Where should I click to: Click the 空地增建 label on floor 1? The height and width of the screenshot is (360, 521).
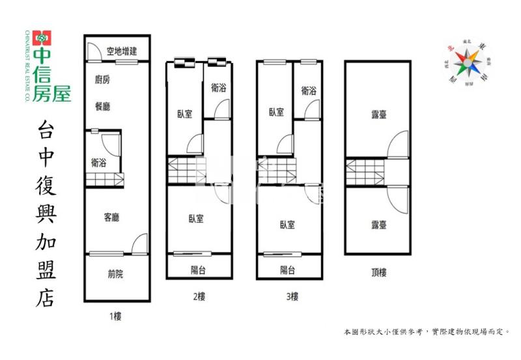click(122, 51)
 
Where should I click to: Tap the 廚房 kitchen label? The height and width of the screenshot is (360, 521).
click(102, 80)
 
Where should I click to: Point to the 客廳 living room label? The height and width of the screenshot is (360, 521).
click(111, 217)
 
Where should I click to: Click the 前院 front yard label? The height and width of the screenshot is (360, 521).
click(115, 274)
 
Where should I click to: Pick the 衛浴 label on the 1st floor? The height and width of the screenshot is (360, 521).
click(100, 163)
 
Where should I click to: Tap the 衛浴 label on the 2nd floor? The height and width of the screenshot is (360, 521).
click(219, 89)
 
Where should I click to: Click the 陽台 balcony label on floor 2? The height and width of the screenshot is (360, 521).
click(198, 270)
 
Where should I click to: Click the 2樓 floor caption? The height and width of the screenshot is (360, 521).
click(199, 297)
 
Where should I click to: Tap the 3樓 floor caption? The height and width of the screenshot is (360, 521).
click(291, 297)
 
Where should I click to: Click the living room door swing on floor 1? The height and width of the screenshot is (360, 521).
click(139, 244)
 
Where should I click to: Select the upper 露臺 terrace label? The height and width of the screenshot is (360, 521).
click(379, 115)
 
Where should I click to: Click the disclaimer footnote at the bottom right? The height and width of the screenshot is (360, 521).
click(427, 331)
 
